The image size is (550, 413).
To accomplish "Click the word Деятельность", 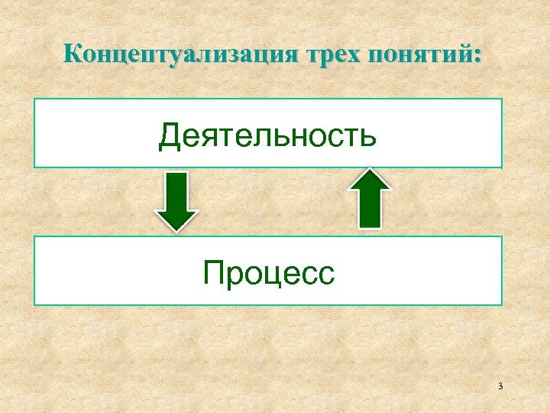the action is tap(267, 136).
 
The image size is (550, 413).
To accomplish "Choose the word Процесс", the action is tap(269, 272).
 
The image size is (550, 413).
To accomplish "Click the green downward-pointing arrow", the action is tap(177, 200).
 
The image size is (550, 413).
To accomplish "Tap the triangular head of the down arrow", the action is tap(177, 218).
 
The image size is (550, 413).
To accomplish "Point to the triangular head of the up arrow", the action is tap(370, 182).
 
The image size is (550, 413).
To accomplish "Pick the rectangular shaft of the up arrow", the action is tap(370, 210).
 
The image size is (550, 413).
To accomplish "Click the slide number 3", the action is tap(500, 386).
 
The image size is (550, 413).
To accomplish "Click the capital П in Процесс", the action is tap(213, 272).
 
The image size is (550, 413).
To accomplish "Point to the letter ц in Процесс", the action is tap(270, 275).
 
